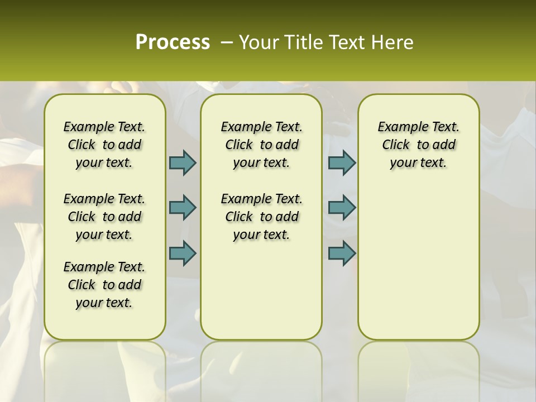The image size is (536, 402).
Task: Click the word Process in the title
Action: pos(173,42)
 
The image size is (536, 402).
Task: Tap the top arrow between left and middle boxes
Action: pos(183,162)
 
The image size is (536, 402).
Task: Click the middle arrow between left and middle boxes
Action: pos(183,208)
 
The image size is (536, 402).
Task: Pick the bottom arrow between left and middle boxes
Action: pos(183,253)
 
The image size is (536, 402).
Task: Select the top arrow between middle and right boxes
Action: pos(342,162)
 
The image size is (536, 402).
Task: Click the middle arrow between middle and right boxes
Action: pos(342,208)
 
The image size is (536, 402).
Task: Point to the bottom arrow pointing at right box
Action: pos(342,253)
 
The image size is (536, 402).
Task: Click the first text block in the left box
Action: pos(104,145)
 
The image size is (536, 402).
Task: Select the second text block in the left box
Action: pos(104,217)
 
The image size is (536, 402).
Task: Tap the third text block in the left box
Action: pos(104,285)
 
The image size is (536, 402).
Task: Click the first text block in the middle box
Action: pos(261,145)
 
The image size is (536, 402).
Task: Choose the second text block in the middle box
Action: pos(261,217)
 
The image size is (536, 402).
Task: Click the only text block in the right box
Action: pos(418,145)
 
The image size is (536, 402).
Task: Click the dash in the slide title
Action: pos(227,42)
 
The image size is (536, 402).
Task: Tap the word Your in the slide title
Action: pos(259,42)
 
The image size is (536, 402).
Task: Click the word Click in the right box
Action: pos(396,145)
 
